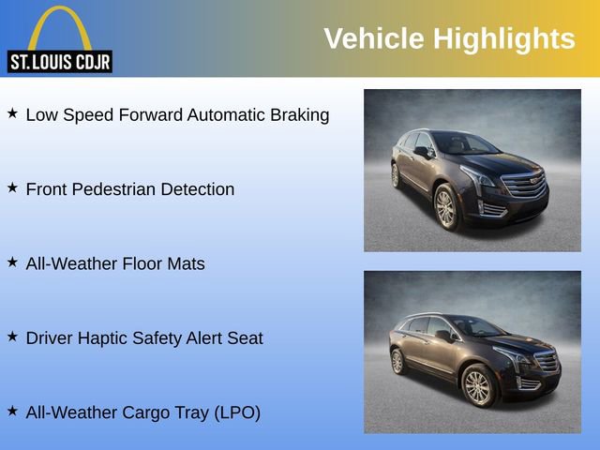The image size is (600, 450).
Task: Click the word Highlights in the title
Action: click(x=503, y=38)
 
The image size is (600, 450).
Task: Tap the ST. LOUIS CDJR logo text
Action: click(x=59, y=63)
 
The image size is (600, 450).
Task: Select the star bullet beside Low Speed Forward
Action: click(x=12, y=113)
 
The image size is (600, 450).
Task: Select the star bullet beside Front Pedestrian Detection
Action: click(x=12, y=187)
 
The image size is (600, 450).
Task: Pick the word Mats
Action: click(x=187, y=263)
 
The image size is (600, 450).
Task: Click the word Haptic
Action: click(x=109, y=338)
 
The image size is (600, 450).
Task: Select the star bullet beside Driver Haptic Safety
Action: click(x=12, y=336)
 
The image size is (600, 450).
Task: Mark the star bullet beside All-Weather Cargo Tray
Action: click(x=12, y=411)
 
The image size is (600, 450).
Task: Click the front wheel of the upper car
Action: click(x=446, y=207)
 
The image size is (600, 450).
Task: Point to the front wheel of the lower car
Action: click(x=478, y=384)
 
